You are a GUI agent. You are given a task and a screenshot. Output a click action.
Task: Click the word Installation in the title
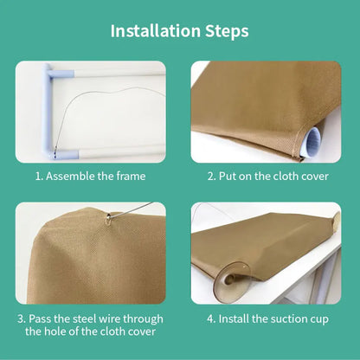click(155, 31)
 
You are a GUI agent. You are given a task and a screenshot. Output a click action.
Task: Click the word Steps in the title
click(227, 32)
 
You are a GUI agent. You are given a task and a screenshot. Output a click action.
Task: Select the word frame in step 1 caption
click(131, 176)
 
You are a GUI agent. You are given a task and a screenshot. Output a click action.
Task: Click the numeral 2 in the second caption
click(210, 177)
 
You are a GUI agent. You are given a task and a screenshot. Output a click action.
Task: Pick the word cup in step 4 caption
click(319, 320)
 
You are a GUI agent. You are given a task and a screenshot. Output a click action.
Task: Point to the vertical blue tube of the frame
click(46, 111)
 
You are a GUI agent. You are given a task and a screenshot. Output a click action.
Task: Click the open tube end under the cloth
click(312, 142)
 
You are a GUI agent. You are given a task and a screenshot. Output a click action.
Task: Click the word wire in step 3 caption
click(110, 319)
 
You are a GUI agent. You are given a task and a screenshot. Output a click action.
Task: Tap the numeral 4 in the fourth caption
click(210, 319)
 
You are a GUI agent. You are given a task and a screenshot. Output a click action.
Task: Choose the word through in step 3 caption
click(143, 319)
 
